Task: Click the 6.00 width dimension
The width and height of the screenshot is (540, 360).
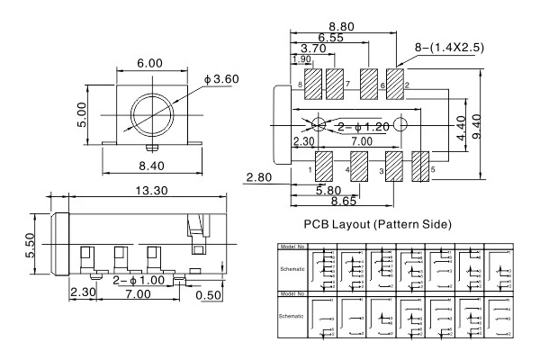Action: coord(149,64)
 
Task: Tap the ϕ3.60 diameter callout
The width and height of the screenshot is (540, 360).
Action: coord(220,80)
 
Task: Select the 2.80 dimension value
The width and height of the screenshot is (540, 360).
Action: coord(258,178)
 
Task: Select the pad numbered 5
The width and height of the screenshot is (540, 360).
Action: coord(421,166)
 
